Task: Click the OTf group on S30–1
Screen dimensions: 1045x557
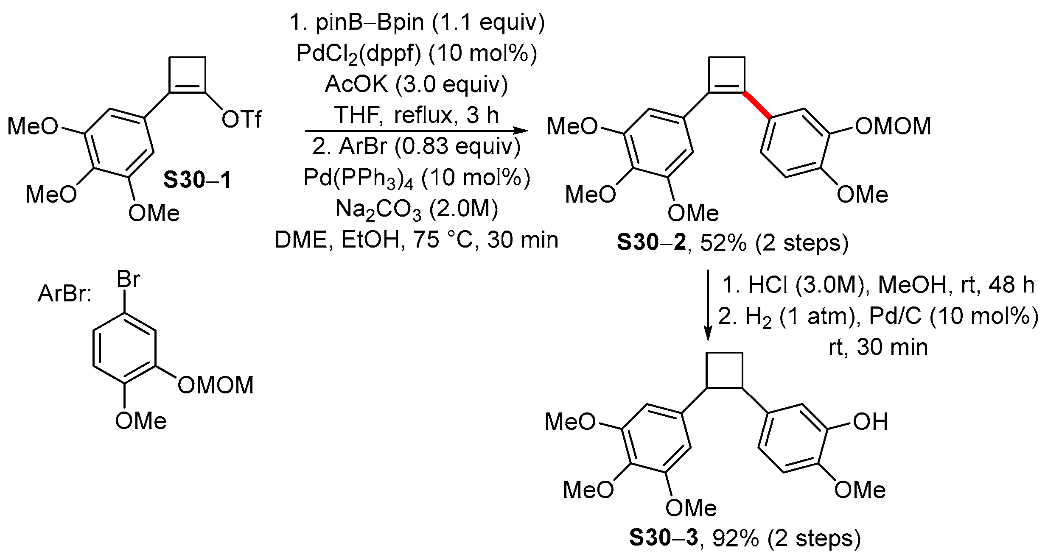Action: [x=241, y=120]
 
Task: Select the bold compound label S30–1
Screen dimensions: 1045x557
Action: [x=197, y=180]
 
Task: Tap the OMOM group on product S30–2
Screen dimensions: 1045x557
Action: [x=893, y=126]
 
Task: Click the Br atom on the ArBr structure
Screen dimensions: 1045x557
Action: [x=128, y=280]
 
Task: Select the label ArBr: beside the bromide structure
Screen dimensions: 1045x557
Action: [x=65, y=294]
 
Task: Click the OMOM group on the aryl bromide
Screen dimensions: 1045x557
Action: [x=216, y=385]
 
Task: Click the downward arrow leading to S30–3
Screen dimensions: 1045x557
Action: [x=707, y=305]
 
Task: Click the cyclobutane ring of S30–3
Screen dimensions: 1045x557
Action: [x=724, y=369]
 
